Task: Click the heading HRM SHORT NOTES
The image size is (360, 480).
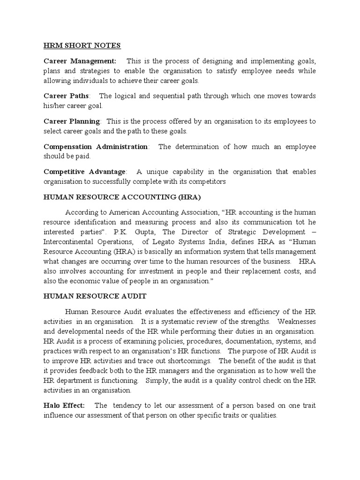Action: [x=82, y=45]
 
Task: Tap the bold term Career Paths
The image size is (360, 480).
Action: [x=66, y=96]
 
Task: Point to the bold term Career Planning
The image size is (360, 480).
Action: [x=72, y=121]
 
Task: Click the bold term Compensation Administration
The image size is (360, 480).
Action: [x=96, y=147]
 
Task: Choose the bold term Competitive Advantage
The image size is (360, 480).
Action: [x=84, y=172]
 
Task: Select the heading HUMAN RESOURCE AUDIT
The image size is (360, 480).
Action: [x=95, y=296]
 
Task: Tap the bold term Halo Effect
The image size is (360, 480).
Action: [x=64, y=405]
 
